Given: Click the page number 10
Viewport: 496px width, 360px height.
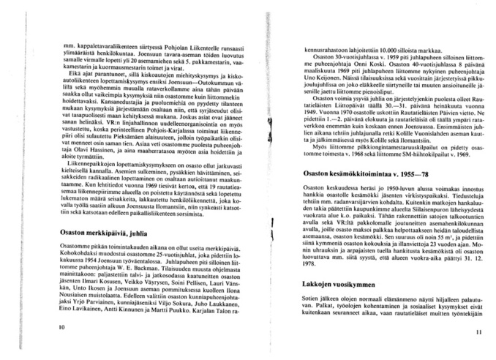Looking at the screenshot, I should click(49, 327).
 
